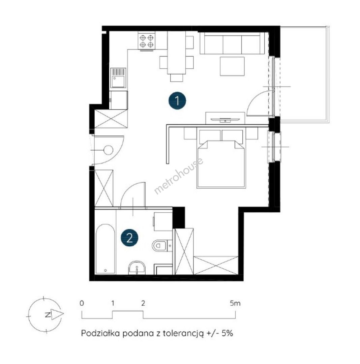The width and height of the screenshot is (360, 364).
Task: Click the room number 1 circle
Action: pyautogui.click(x=177, y=101)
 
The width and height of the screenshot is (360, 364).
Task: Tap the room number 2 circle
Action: pyautogui.click(x=129, y=238)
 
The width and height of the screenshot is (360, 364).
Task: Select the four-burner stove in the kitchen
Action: pyautogui.click(x=146, y=41)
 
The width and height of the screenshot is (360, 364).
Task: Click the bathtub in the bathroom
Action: pyautogui.click(x=106, y=249)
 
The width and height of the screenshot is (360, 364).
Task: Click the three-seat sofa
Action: pyautogui.click(x=232, y=43)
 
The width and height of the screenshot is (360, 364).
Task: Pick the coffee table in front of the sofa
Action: pyautogui.click(x=232, y=66)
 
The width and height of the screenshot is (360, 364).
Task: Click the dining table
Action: pyautogui.click(x=177, y=53)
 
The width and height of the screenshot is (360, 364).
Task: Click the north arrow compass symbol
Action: pyautogui.click(x=46, y=314)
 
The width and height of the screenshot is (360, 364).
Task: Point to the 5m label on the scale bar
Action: pyautogui.click(x=235, y=303)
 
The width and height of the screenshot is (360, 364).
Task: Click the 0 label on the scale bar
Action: pyautogui.click(x=82, y=303)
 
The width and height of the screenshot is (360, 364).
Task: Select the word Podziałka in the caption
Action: pyautogui.click(x=100, y=333)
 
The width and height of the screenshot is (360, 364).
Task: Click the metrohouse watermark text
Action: pyautogui.click(x=179, y=176)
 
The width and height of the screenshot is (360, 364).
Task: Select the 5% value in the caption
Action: pyautogui.click(x=227, y=333)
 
